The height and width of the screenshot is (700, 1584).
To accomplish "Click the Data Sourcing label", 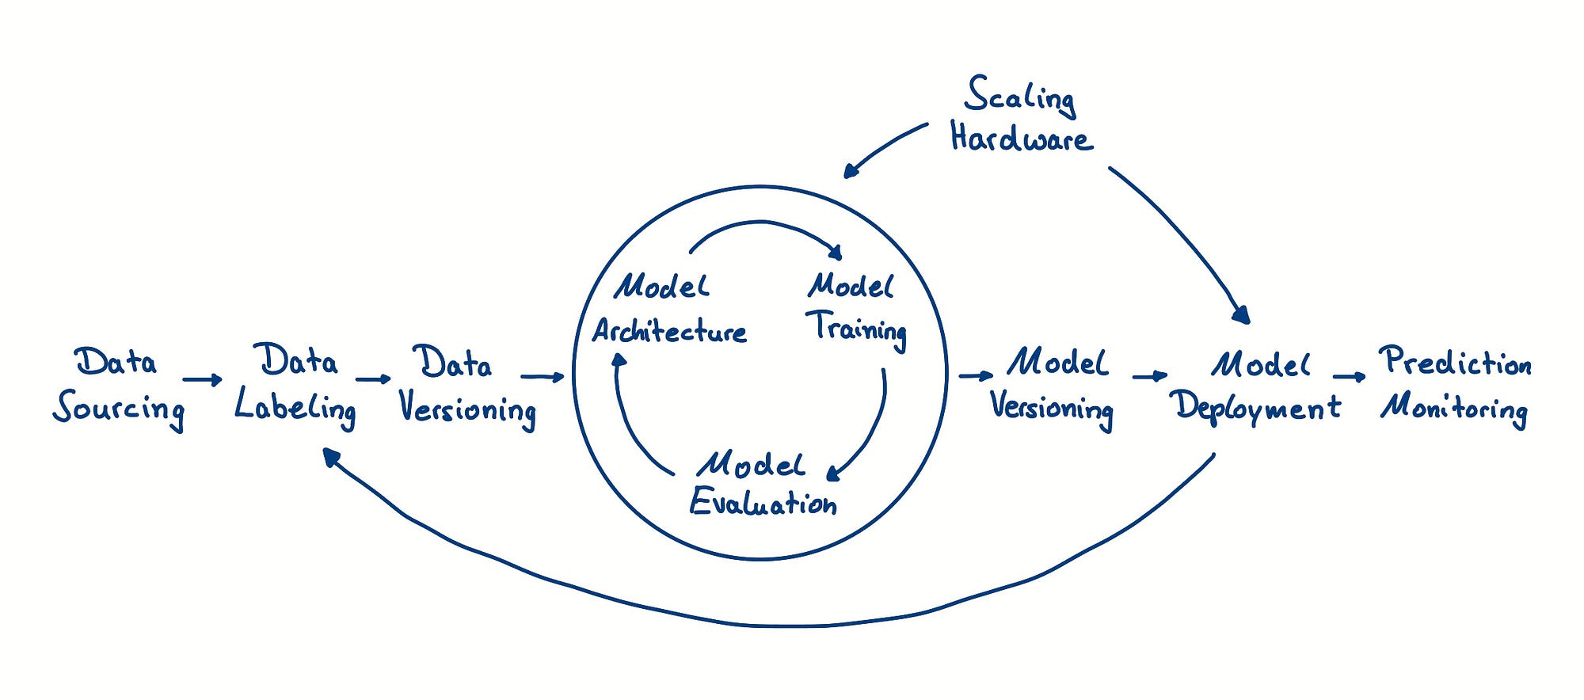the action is (x=119, y=389).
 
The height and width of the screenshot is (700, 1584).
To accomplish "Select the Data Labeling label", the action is (x=295, y=386).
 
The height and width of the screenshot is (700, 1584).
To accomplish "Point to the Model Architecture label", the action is (x=670, y=309).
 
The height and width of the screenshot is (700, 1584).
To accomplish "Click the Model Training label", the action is (x=857, y=310).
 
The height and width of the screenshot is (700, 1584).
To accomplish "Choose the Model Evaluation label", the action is (x=763, y=484).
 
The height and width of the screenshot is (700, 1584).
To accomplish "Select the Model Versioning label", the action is (x=1052, y=389).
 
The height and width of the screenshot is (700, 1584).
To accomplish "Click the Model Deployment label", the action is (x=1258, y=388).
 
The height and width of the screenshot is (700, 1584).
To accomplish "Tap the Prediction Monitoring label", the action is (x=1456, y=386).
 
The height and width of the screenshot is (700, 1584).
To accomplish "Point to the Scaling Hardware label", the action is (x=1022, y=113).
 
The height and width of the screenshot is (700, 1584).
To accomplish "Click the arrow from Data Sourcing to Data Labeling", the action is (x=203, y=380).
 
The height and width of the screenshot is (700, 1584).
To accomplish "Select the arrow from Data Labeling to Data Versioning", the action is (x=374, y=379).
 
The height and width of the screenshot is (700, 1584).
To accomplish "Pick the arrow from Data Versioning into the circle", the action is (x=543, y=376).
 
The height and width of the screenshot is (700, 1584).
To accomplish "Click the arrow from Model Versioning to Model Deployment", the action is (x=1150, y=376).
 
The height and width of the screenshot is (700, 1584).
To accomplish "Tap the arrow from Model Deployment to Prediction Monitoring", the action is (x=1350, y=377).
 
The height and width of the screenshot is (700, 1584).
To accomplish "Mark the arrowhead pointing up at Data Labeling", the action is (x=331, y=456).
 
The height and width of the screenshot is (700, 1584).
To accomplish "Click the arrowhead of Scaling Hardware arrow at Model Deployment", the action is (x=1242, y=315).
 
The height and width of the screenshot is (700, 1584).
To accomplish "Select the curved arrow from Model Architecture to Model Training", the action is (x=762, y=223).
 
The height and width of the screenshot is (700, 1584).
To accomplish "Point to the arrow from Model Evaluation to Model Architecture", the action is (x=630, y=427).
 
